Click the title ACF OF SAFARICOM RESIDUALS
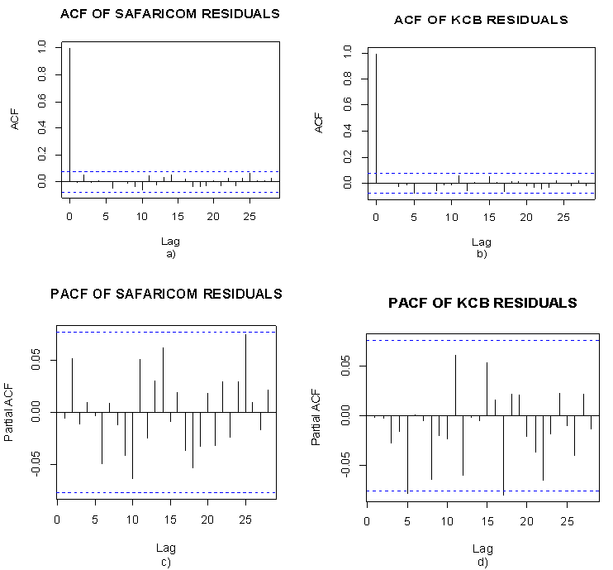[x=170, y=14]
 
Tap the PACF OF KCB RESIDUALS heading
[x=482, y=304]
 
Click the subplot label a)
[x=171, y=254]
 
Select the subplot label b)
[x=482, y=254]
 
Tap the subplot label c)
[x=166, y=563]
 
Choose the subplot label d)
[x=482, y=563]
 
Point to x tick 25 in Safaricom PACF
[x=245, y=520]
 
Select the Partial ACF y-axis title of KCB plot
[x=318, y=415]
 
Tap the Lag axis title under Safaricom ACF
[x=170, y=242]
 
